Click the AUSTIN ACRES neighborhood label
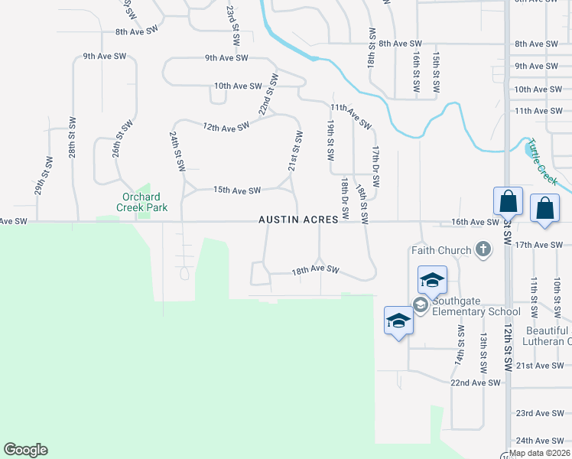tap(298, 220)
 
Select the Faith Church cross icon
tap(483, 249)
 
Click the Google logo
tap(25, 450)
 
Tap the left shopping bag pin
tap(508, 203)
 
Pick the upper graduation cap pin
tap(432, 282)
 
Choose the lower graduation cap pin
tap(398, 321)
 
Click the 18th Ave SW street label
tap(315, 269)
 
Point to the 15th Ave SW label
tap(237, 190)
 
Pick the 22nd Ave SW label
tap(476, 382)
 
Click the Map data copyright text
tap(540, 453)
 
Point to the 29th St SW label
tap(43, 176)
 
